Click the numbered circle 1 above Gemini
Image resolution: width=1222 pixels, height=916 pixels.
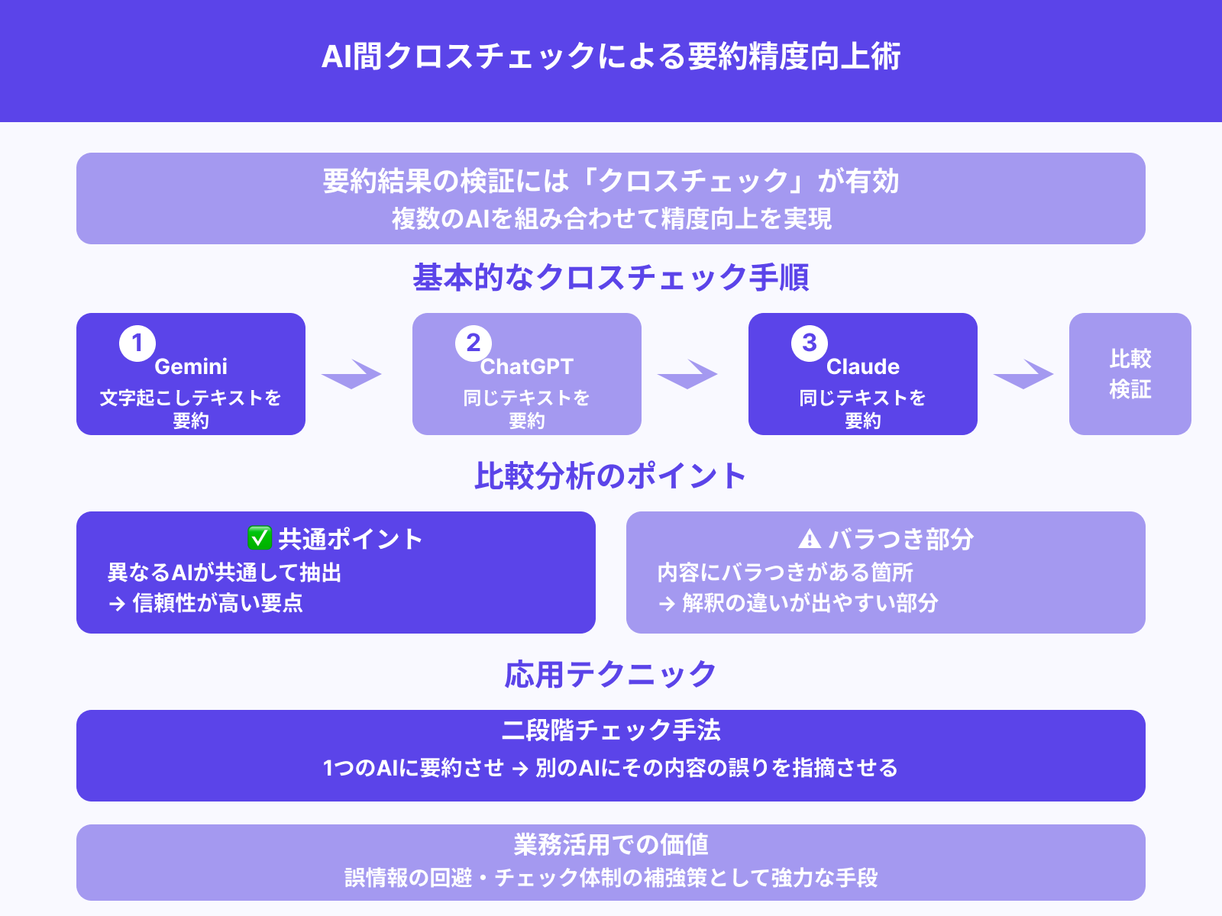(x=137, y=343)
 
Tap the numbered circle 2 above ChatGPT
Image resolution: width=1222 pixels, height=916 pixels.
(x=474, y=343)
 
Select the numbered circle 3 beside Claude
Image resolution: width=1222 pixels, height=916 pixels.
(x=810, y=343)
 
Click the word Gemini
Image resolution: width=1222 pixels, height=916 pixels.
(x=191, y=367)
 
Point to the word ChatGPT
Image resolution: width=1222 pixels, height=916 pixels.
(x=527, y=367)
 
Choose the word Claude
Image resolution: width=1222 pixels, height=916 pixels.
(x=863, y=367)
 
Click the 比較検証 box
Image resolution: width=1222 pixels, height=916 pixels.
(x=1130, y=374)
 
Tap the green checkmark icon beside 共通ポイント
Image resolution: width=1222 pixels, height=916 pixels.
(x=260, y=538)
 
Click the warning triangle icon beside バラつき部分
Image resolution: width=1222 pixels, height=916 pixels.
(x=810, y=540)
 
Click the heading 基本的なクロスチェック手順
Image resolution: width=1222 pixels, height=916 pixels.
(x=611, y=278)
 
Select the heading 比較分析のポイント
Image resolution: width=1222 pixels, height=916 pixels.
(x=611, y=476)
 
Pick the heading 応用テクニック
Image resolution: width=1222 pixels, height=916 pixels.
(x=611, y=675)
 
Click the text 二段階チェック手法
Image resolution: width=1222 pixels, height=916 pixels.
(x=611, y=731)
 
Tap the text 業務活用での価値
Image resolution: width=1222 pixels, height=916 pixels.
(x=611, y=845)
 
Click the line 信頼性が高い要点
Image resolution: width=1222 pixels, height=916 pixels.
(x=218, y=603)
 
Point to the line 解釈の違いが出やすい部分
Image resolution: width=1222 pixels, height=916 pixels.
(x=810, y=603)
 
